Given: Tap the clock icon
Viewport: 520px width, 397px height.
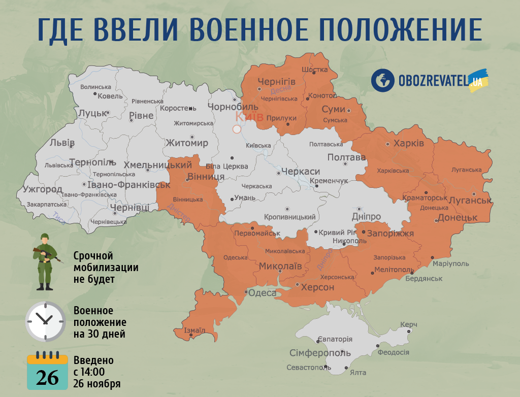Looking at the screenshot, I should (45, 321).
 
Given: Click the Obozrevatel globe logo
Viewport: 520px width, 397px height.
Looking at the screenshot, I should (383, 80).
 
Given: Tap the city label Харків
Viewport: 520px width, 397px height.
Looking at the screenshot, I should (408, 144).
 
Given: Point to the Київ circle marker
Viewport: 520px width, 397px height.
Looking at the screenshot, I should (237, 129).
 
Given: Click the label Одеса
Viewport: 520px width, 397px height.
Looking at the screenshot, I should (263, 293).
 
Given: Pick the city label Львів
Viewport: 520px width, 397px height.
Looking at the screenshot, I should (62, 143).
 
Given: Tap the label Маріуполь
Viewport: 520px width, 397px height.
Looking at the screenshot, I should (451, 264).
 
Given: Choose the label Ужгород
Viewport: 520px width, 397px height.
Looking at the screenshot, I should (43, 190).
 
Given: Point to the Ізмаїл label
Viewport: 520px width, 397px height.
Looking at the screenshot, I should (194, 330).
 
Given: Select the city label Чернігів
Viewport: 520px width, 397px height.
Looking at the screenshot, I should (276, 82).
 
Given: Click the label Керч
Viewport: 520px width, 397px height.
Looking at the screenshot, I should (408, 324).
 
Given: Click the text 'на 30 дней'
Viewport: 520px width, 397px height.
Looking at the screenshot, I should (99, 334).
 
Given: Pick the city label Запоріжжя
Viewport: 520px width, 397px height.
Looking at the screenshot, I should (390, 234).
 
